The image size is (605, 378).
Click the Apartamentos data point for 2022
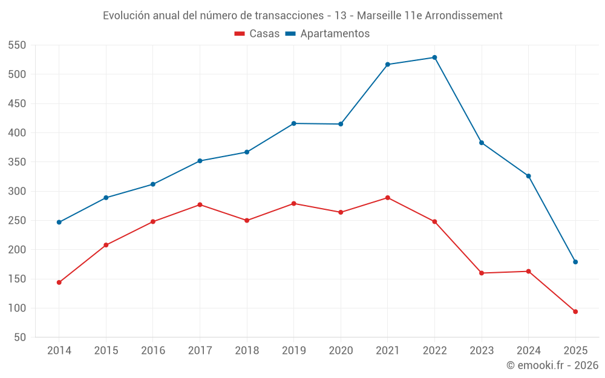[x=434, y=57]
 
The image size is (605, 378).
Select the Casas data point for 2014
[x=59, y=282]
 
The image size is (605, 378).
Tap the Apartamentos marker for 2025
[x=575, y=262]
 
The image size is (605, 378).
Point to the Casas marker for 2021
[x=388, y=198]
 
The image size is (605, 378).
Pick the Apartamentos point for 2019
[x=294, y=123]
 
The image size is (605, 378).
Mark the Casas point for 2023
[x=482, y=273]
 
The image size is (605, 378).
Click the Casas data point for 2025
[x=575, y=311]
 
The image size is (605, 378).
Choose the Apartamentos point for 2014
[x=59, y=222]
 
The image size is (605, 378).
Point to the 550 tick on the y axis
[x=18, y=45]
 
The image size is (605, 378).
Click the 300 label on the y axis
[x=18, y=191]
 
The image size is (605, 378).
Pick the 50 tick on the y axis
[x=21, y=337]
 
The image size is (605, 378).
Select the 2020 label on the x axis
[x=341, y=351]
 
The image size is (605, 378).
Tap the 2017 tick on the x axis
[x=200, y=351]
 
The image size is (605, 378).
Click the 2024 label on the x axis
[x=528, y=351]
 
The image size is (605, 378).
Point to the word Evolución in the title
[x=126, y=15]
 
